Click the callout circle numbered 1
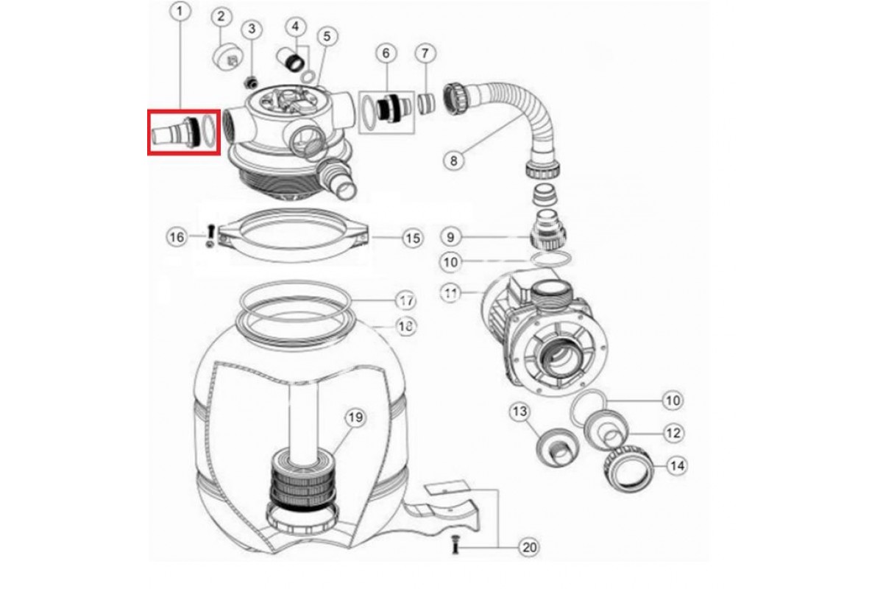(x=180, y=12)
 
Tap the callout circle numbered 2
(x=221, y=16)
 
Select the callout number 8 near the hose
(x=454, y=161)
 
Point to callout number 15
(x=413, y=239)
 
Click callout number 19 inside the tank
(x=355, y=417)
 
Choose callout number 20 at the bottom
(x=529, y=547)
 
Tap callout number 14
(x=677, y=465)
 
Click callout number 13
(x=519, y=412)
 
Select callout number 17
(x=406, y=301)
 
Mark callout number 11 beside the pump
(x=450, y=293)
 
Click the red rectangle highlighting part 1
(x=184, y=133)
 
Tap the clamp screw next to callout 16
(x=210, y=237)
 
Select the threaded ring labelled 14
(x=628, y=470)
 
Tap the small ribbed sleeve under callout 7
(x=427, y=104)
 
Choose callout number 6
(x=386, y=53)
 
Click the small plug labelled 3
(x=251, y=82)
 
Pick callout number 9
(x=450, y=237)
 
